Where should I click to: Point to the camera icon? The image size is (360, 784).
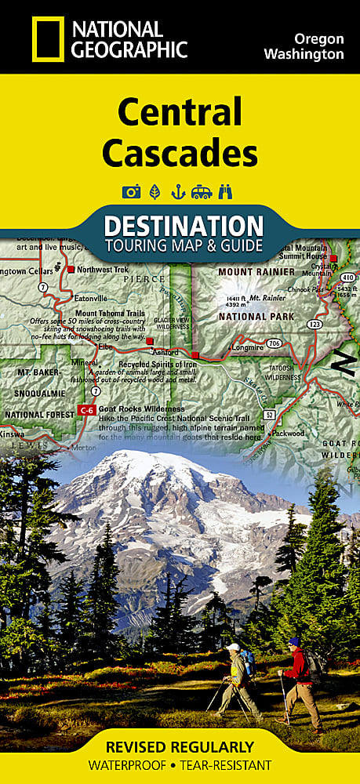click(131, 191)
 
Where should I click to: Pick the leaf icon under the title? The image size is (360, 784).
click(154, 191)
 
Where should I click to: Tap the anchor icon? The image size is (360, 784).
click(177, 191)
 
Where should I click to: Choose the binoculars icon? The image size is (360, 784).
click(227, 191)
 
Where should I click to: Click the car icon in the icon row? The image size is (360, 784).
click(202, 191)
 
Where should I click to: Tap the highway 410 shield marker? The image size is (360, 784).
click(347, 277)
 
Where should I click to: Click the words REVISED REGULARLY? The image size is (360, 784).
click(180, 746)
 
